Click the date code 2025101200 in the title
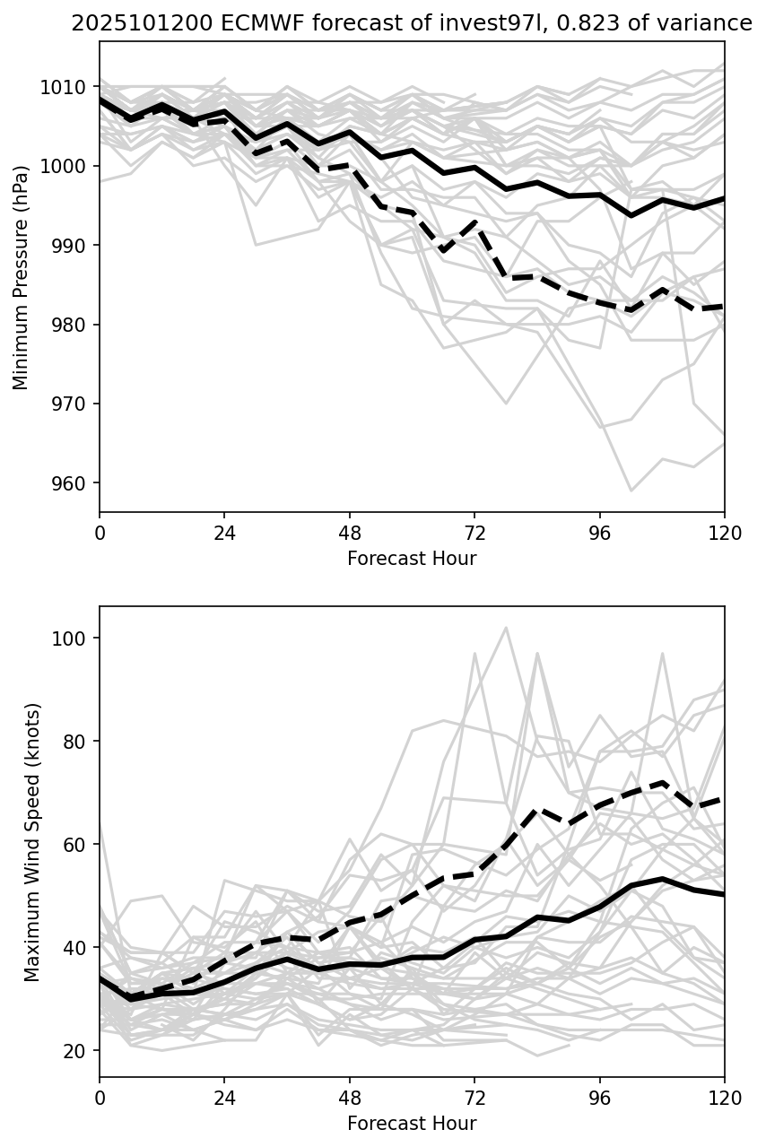(x=134, y=24)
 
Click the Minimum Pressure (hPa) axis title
(x=21, y=277)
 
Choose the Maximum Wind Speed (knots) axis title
(x=31, y=841)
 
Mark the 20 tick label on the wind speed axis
(x=76, y=1051)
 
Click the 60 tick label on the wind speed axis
(x=76, y=845)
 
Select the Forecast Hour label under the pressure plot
(x=412, y=559)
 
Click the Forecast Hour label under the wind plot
(x=412, y=1124)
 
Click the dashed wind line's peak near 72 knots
(x=662, y=782)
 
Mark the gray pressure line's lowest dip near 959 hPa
(x=631, y=491)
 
